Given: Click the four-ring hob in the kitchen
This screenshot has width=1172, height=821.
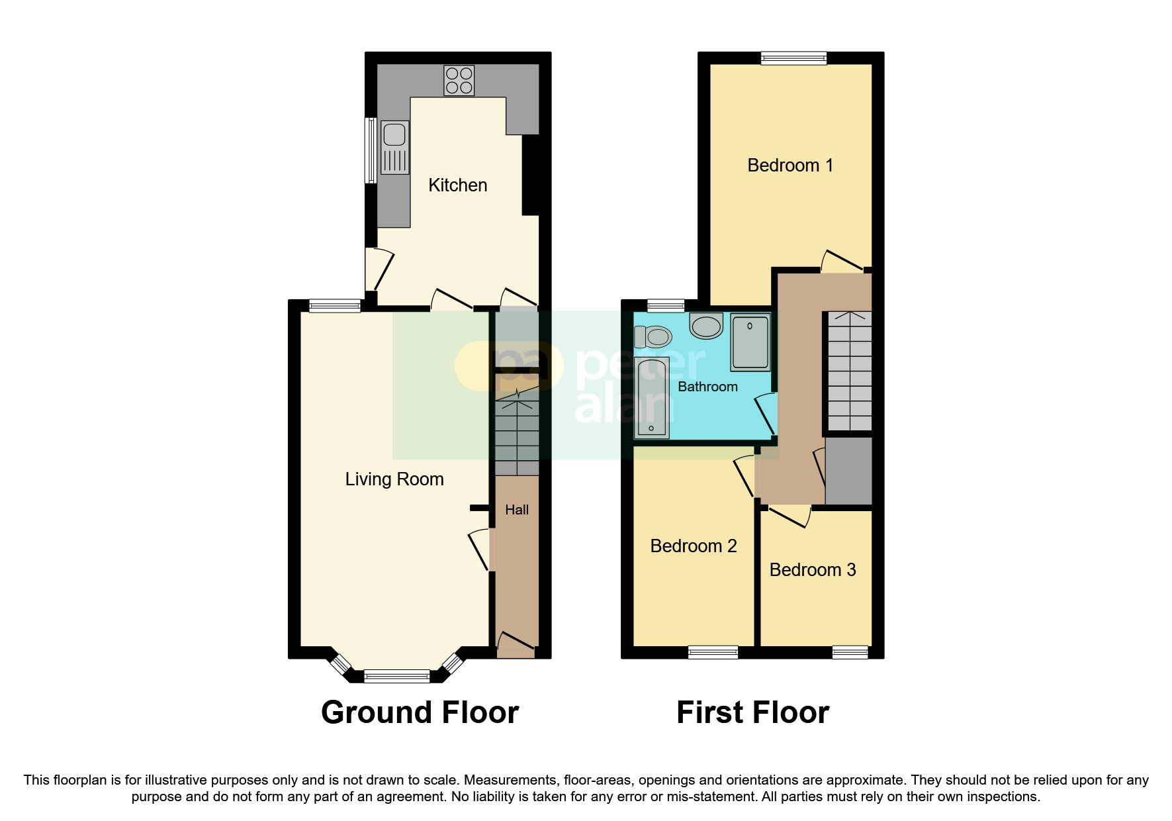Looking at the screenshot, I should coord(459,80).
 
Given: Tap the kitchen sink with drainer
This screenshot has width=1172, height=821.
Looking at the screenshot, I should coord(394,148).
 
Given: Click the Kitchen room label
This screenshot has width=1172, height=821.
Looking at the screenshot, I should coord(457,185).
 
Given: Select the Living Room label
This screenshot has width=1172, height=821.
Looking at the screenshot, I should coord(394,479).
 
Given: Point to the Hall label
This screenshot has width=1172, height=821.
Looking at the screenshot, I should coord(516,510).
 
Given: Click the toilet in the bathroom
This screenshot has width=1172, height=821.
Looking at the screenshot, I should coord(653,337).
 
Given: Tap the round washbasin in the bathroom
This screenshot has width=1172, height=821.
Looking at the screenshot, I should coord(706,326).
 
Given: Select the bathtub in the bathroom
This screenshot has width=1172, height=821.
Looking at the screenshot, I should coord(651,397).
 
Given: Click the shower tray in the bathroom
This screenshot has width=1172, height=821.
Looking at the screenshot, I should coord(750,342).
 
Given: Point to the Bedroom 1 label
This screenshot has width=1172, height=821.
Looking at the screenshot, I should coord(789,166).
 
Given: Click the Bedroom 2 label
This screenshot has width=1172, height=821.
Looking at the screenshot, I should coord(693,546).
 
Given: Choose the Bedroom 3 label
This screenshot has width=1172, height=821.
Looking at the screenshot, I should coord(812,570).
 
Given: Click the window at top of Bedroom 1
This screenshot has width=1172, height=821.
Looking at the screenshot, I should coord(793,58).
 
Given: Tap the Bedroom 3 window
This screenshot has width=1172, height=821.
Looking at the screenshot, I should coord(850,652).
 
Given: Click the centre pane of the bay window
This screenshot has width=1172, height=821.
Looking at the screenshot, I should coord(396,676).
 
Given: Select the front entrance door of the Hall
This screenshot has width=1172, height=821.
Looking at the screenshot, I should coord(516,646).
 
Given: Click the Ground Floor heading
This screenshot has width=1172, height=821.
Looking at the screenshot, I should coord(420,713).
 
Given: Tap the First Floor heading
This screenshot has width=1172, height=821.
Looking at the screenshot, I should coord(752,713).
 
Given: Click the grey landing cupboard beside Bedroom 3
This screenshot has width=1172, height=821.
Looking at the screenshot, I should coord(848,471).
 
